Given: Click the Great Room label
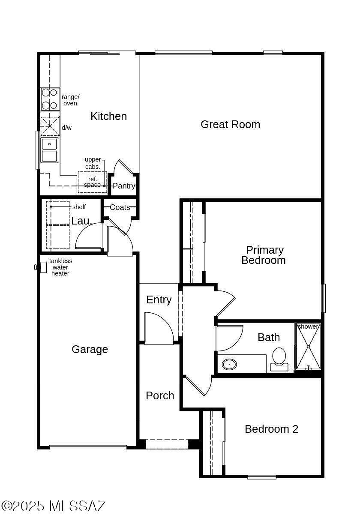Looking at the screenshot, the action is point(230,124).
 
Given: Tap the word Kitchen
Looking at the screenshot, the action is point(108,117).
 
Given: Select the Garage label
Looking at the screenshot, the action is point(90,350).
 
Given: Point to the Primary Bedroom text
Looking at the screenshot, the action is point(264,255).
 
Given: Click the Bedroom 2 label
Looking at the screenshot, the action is point(271,429).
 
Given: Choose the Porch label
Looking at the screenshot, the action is point(160,395).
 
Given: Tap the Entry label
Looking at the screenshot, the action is point(159,300).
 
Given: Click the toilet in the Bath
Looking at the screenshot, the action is point(279,359).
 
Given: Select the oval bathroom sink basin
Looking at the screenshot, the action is point(229,365).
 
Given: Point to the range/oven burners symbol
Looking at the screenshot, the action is point(50,99).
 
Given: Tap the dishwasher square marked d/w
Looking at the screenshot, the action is point(50,126).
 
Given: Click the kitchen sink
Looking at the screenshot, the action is point(49,150).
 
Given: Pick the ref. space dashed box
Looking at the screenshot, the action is point(92,182).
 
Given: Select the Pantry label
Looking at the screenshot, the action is point(124,186).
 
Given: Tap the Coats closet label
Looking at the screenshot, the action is point(120,207).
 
